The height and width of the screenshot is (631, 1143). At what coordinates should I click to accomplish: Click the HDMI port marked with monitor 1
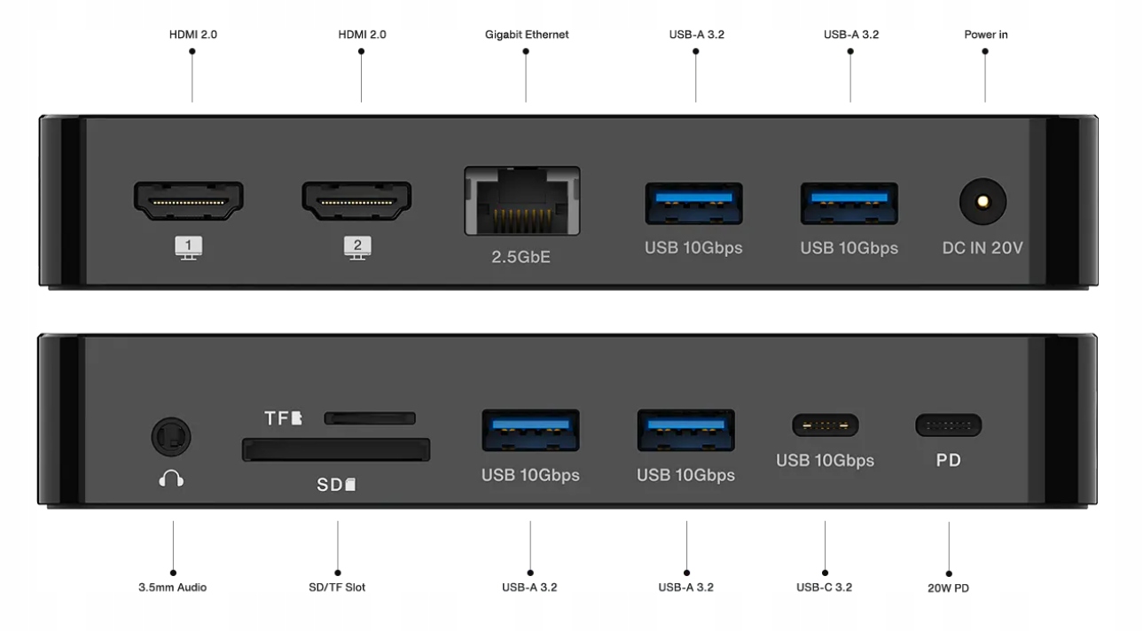tap(188, 200)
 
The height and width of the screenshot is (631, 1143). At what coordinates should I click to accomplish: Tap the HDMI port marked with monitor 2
tap(356, 200)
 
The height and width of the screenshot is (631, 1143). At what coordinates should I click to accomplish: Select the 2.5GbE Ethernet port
tap(522, 202)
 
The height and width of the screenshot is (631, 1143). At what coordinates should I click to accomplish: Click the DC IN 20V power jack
tap(983, 200)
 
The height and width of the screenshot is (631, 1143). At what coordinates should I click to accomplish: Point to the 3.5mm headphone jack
tap(171, 436)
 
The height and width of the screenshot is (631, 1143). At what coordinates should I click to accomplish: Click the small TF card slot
tap(369, 417)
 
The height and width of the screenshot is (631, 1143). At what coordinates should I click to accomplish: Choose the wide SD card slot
tap(336, 450)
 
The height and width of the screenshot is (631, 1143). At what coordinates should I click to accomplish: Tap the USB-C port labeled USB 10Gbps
tap(825, 425)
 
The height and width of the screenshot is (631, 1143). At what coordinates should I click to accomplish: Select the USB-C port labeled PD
tap(948, 425)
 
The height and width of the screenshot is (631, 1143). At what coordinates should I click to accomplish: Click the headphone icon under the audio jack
tap(171, 479)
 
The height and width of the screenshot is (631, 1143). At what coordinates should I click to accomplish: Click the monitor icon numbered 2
tap(357, 248)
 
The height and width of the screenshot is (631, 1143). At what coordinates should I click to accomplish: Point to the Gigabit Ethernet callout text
tap(527, 35)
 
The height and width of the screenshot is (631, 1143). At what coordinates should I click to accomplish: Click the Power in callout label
tap(985, 35)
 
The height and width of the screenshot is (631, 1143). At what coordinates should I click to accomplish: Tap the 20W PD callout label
tap(948, 588)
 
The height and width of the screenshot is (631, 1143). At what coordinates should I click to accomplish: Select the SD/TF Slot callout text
tap(337, 587)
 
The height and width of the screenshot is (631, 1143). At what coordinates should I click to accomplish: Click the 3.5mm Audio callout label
tap(172, 587)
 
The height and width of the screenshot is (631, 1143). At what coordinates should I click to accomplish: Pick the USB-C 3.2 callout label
tap(824, 587)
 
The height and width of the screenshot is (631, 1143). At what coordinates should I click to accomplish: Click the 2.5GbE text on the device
tap(521, 258)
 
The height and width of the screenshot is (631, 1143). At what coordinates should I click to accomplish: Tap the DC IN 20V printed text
tap(982, 248)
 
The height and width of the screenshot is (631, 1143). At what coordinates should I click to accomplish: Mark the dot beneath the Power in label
tap(985, 51)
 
